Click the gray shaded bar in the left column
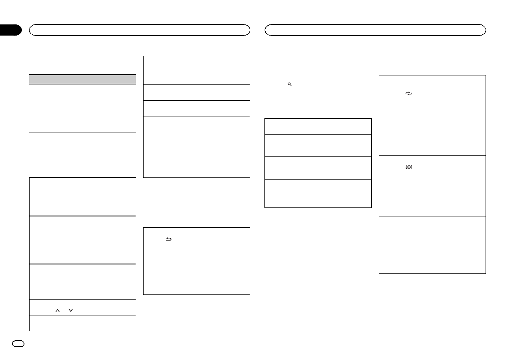click(x=82, y=79)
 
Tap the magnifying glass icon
click(x=290, y=85)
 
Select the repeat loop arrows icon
click(x=408, y=93)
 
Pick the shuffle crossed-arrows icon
click(x=408, y=167)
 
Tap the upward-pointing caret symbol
click(x=57, y=311)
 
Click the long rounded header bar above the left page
click(x=139, y=30)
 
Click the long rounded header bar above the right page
click(x=375, y=30)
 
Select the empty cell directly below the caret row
click(x=82, y=323)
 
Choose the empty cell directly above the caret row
click(x=82, y=281)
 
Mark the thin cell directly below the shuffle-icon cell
click(x=432, y=224)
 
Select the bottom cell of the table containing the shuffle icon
click(x=432, y=252)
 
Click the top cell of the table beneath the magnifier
click(x=318, y=126)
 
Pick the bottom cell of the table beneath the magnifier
click(x=318, y=193)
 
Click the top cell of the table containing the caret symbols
click(x=82, y=189)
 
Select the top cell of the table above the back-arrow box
click(x=196, y=70)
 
